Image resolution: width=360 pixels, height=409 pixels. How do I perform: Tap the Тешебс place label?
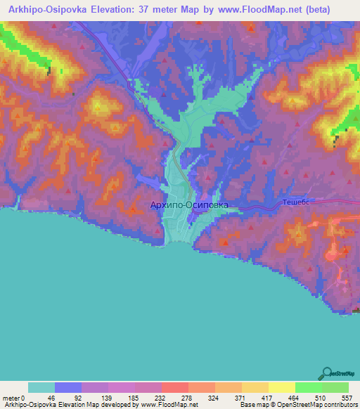click(296, 201)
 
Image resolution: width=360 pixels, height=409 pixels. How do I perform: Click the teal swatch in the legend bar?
click(41, 387)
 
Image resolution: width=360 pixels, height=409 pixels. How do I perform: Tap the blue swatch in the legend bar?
click(68, 387)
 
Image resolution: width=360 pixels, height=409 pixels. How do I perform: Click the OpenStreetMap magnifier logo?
click(326, 373)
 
